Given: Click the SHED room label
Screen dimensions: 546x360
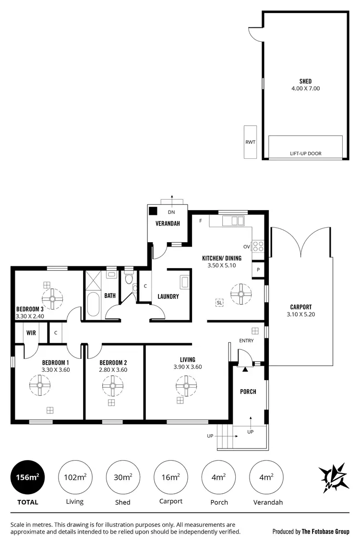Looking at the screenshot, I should click(305, 82).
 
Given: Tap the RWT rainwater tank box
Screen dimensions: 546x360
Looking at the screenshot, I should click(250, 142).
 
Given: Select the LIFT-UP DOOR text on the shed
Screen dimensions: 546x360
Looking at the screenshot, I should click(305, 154).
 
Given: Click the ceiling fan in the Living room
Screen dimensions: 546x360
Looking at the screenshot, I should click(186, 384).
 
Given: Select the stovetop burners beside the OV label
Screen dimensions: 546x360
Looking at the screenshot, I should click(258, 246).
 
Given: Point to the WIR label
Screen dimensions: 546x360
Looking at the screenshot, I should click(31, 332).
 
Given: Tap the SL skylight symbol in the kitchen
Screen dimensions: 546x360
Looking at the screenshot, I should click(219, 303).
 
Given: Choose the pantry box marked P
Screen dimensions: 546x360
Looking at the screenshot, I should click(258, 270).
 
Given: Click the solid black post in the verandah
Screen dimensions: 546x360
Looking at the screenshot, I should click(153, 211).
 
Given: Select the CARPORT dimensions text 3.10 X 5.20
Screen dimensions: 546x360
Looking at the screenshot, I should click(300, 315).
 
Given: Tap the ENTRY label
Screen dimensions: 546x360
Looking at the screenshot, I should click(246, 341).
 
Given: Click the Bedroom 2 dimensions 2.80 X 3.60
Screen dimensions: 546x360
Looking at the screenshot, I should click(113, 370).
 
